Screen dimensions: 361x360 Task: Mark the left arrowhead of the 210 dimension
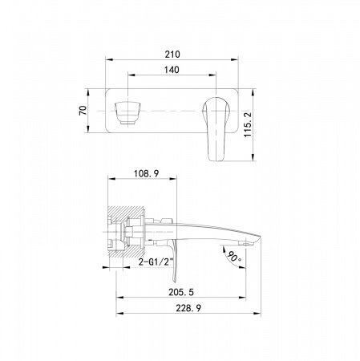click(x=107, y=62)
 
